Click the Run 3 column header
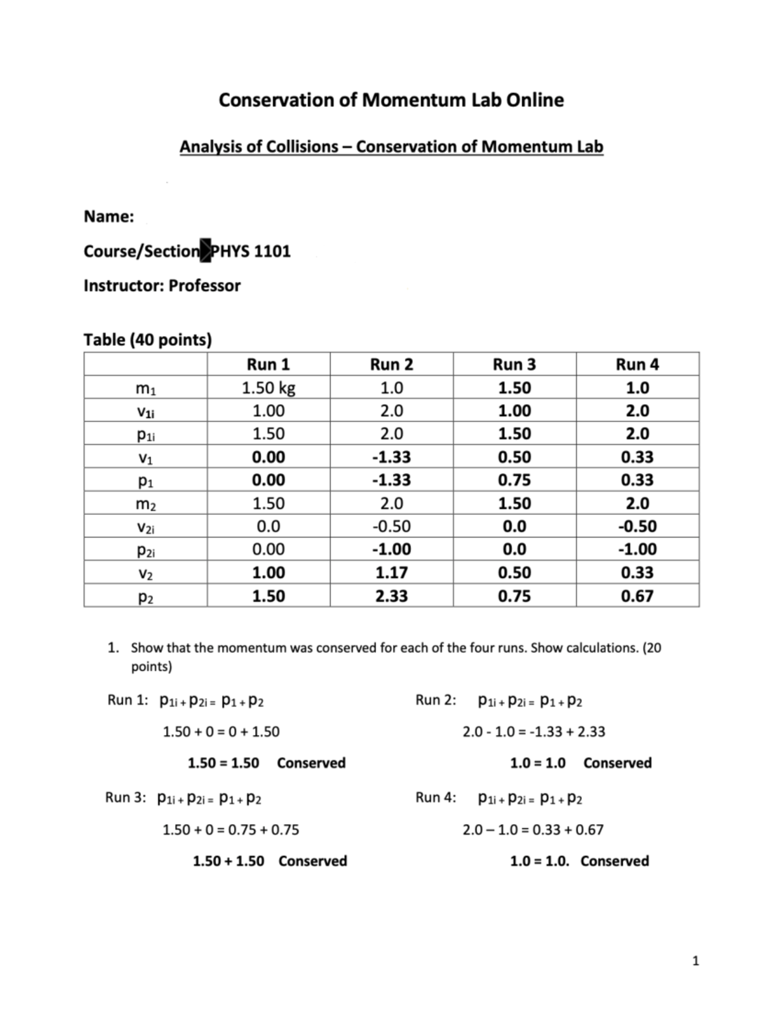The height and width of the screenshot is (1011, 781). pyautogui.click(x=514, y=365)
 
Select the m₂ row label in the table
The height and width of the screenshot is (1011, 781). pyautogui.click(x=145, y=504)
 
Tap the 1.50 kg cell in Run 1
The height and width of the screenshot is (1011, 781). pyautogui.click(x=268, y=388)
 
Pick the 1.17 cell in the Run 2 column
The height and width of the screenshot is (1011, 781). pyautogui.click(x=391, y=573)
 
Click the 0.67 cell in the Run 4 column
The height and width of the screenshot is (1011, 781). pyautogui.click(x=637, y=596)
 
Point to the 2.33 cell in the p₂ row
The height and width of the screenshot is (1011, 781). pyautogui.click(x=391, y=596)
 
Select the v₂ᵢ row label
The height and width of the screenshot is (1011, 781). pyautogui.click(x=145, y=527)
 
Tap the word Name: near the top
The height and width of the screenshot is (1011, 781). pyautogui.click(x=109, y=217)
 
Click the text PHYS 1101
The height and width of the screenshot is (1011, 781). pyautogui.click(x=251, y=251)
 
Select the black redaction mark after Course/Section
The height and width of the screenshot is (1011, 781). pyautogui.click(x=206, y=251)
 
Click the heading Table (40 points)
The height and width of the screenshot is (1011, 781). pyautogui.click(x=148, y=340)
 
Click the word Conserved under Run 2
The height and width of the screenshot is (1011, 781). pyautogui.click(x=617, y=763)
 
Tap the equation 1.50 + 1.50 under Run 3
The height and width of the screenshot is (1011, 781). pyautogui.click(x=228, y=861)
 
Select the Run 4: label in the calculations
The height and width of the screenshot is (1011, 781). pyautogui.click(x=435, y=798)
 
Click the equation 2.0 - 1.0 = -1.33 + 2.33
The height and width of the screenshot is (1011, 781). pyautogui.click(x=534, y=732)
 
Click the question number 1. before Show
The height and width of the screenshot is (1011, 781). pyautogui.click(x=114, y=648)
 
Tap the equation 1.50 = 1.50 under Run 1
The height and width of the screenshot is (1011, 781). pyautogui.click(x=223, y=763)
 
